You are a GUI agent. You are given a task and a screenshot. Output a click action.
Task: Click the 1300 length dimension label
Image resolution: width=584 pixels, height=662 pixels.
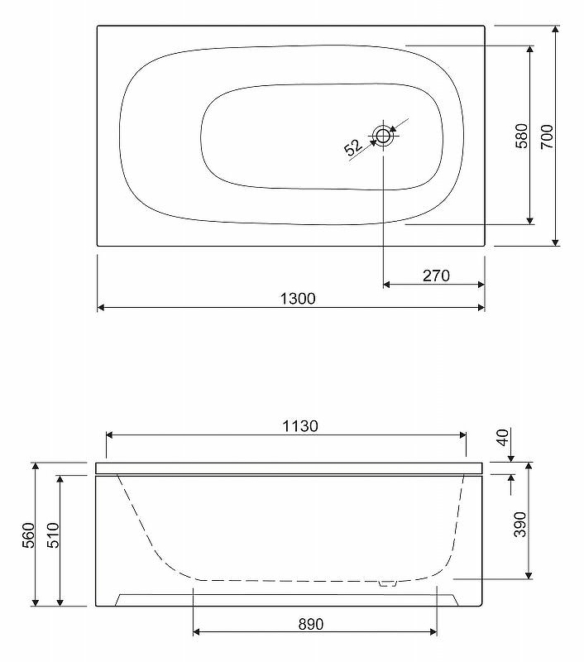point(298,299)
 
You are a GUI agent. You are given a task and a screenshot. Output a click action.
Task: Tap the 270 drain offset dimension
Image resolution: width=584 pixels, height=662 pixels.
point(436,276)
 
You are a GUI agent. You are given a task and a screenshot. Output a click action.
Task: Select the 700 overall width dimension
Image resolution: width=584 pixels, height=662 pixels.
point(547,136)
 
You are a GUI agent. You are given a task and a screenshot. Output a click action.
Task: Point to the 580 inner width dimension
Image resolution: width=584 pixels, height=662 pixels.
point(522,136)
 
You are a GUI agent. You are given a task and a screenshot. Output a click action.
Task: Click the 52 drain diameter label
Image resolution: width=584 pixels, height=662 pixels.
point(353,147)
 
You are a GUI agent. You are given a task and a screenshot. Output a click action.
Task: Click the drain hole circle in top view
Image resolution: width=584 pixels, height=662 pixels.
point(383,136)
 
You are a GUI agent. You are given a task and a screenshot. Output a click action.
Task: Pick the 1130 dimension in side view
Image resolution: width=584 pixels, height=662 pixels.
point(300,426)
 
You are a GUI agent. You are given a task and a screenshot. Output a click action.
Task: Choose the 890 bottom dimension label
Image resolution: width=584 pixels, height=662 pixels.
point(311,624)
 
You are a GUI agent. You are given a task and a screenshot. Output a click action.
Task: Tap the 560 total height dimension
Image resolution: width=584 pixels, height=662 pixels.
point(28,535)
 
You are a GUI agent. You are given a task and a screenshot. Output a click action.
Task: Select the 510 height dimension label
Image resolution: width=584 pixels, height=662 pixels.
point(53,535)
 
